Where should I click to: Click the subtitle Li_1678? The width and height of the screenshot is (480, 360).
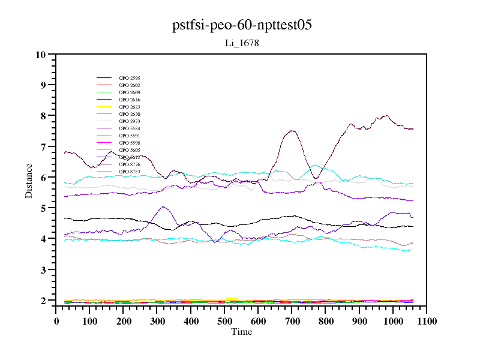pos(241,43)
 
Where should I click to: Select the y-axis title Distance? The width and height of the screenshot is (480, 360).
pos(29,180)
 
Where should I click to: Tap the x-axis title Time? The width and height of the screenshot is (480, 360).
pos(241,332)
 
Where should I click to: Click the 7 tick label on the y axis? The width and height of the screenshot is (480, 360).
pos(42,147)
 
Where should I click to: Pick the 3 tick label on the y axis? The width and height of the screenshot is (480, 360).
pos(42,270)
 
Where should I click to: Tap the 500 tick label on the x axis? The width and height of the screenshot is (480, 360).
pos(224,322)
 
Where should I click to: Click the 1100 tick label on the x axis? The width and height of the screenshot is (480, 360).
pos(426,322)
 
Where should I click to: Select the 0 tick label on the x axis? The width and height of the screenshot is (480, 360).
pos(56,322)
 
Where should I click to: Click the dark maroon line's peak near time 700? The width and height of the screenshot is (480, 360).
pos(292,130)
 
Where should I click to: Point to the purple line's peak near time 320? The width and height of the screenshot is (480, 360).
pos(163,206)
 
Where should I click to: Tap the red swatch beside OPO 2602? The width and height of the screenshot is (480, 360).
pos(104,85)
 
